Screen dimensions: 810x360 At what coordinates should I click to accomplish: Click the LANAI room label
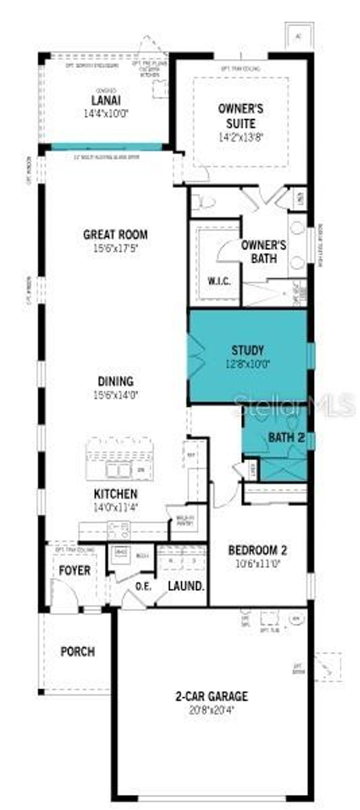pos(106,101)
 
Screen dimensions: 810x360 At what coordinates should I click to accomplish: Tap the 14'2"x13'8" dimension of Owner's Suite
pos(241,137)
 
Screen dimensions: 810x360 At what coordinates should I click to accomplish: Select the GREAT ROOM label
pos(115,235)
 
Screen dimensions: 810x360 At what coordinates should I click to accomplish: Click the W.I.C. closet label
pos(219,281)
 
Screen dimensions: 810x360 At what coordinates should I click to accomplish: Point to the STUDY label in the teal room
pos(247,350)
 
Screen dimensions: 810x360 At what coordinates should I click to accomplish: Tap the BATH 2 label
pos(286,438)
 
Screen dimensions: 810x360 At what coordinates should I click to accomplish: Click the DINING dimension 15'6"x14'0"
pos(115,395)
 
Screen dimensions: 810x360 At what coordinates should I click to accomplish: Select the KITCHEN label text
pos(115,494)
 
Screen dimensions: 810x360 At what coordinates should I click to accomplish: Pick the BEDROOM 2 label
pos(258,550)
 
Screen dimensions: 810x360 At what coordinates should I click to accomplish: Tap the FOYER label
pos(75,570)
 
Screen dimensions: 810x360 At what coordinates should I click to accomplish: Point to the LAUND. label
pos(186,586)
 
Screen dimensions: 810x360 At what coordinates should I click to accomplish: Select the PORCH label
pos(78,652)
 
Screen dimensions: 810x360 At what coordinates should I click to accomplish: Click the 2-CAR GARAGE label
pos(212,696)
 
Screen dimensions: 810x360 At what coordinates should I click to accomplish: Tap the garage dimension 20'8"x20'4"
pos(212,710)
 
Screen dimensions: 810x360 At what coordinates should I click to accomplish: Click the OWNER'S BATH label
pos(263,252)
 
